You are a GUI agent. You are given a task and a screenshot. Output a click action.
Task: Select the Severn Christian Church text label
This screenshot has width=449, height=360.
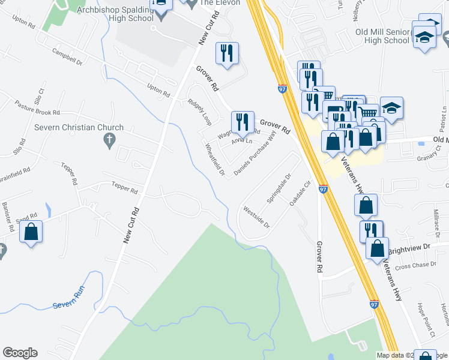point(79,127)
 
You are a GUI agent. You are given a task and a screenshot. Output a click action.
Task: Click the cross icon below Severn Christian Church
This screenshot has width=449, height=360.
point(109,141)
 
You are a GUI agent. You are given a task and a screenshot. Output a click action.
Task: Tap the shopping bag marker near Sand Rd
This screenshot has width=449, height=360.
point(31,232)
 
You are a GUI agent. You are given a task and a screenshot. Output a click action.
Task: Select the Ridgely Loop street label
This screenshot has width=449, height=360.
point(199,112)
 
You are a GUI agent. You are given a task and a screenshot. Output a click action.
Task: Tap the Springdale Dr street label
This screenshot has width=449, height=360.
point(279,188)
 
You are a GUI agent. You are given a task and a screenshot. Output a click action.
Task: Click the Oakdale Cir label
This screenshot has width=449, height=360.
point(301,194)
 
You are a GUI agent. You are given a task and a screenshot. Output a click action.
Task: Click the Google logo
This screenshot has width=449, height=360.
point(20,353)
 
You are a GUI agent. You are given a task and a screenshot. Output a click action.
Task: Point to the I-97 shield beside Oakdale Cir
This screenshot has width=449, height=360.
point(323,189)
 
